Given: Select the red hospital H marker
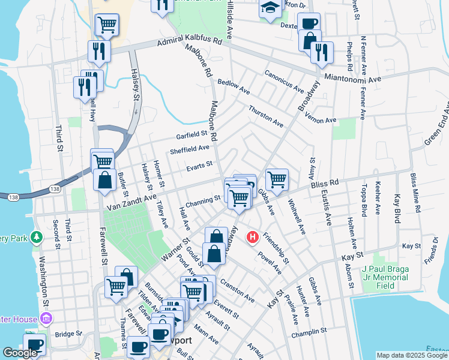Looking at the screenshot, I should pos(253,238).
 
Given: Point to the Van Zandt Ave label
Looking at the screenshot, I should pos(131,199).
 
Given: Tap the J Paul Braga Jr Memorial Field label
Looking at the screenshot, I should pos(385,274).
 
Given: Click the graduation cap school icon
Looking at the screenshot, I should pos(270,8).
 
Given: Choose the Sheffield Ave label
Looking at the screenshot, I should pos(190,149).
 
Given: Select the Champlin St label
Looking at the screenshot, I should pos(309,331).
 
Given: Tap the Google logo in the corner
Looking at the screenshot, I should pos(20,353).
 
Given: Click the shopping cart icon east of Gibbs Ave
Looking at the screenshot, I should pos(277,179).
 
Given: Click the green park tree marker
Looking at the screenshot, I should pos(37,238).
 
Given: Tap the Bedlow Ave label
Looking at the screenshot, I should pos(234,87).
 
